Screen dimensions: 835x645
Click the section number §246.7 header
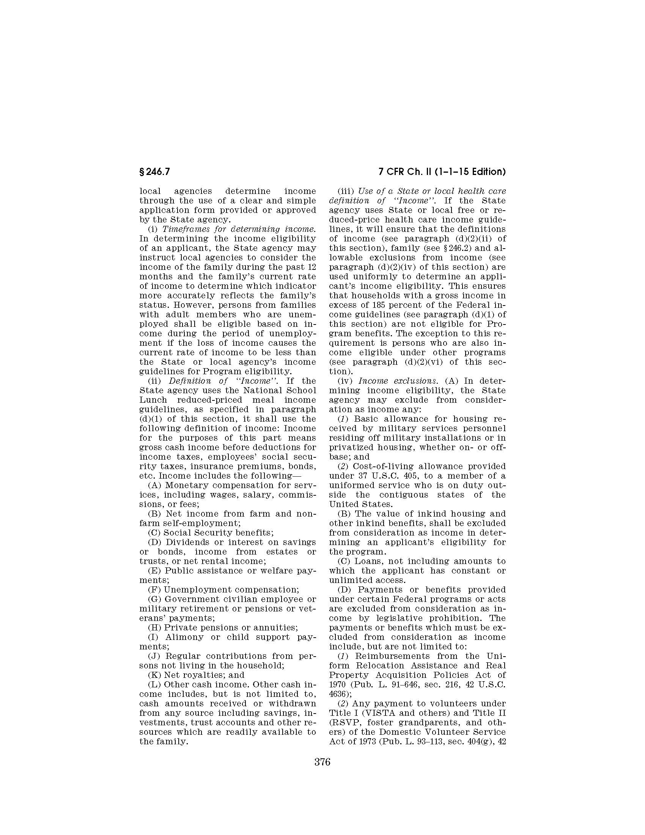pyautogui.click(x=154, y=172)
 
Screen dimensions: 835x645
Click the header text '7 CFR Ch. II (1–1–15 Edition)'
pyautogui.click(x=442, y=172)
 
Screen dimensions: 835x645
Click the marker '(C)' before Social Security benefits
pyautogui.click(x=155, y=533)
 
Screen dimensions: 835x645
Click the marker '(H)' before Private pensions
pyautogui.click(x=155, y=627)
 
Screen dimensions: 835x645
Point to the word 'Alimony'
pyautogui.click(x=184, y=637)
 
